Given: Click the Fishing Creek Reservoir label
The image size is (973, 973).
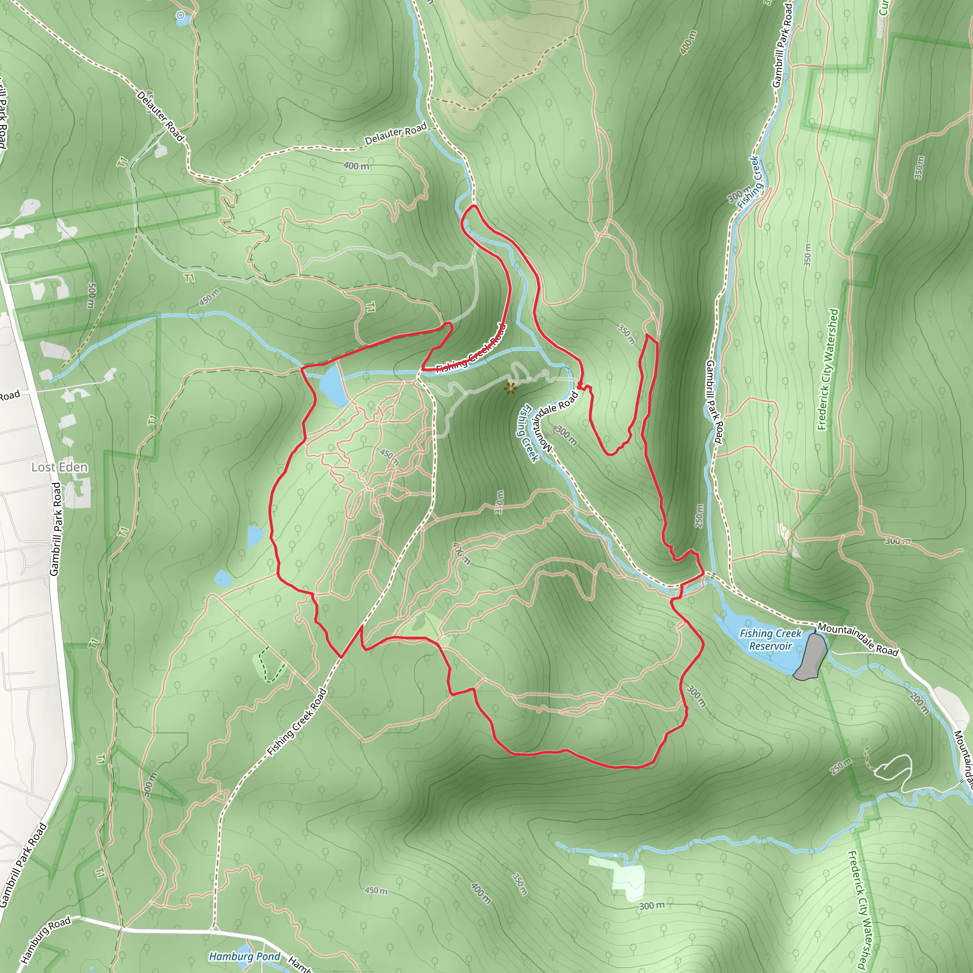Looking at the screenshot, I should (x=770, y=639).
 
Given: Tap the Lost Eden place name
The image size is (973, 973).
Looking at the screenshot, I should (x=59, y=467).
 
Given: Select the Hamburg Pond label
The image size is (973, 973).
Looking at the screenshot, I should (x=244, y=956).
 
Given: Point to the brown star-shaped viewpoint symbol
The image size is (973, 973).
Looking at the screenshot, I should (x=510, y=388).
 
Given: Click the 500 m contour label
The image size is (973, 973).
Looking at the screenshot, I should (x=91, y=295).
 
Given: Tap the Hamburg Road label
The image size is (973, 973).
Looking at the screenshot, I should (x=45, y=940).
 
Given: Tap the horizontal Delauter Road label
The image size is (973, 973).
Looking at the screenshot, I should (x=395, y=134).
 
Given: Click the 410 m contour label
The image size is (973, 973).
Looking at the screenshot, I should (x=461, y=553).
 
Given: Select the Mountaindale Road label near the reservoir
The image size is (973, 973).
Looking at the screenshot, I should (x=858, y=639).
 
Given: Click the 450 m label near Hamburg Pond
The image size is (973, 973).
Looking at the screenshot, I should (x=376, y=890).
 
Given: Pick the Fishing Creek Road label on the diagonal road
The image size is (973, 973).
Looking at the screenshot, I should (x=297, y=722).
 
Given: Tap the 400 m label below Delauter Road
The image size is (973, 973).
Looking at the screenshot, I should (x=356, y=166).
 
